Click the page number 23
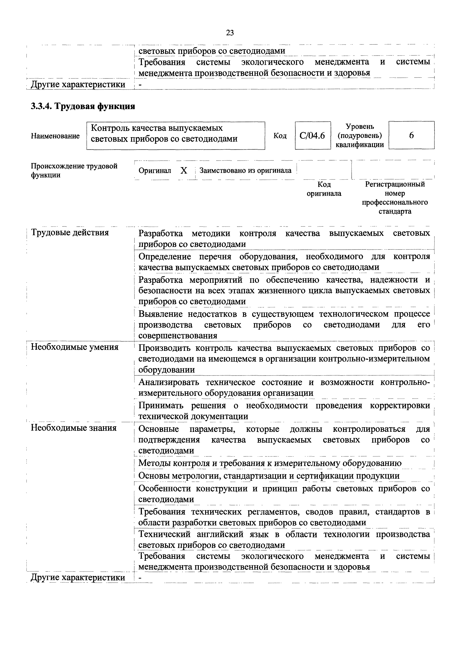click(230, 33)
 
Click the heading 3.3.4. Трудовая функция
click(83, 106)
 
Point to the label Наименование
click(55, 136)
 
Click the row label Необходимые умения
click(74, 347)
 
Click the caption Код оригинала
click(324, 189)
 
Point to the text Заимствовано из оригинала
click(245, 171)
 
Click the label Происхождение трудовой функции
click(74, 170)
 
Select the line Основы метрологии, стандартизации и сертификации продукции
click(269, 476)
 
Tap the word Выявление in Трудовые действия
click(160, 314)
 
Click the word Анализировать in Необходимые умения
click(169, 382)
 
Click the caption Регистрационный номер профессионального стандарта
click(395, 198)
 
